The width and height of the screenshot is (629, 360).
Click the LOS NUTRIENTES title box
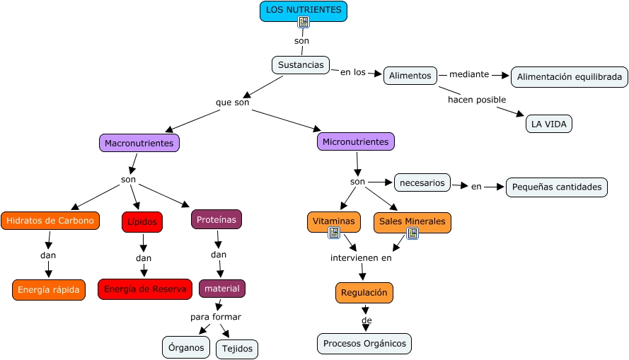point(304,11)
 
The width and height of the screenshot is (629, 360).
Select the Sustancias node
point(301,65)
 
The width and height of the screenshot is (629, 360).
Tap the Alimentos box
point(410,76)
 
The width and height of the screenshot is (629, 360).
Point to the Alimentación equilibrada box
point(569,76)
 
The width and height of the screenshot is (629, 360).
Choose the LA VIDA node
point(548,124)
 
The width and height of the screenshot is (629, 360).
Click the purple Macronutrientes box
point(139,143)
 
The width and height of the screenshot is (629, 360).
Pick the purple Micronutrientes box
point(355,141)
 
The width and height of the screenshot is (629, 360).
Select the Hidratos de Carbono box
point(50,221)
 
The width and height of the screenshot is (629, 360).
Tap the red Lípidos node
point(142,221)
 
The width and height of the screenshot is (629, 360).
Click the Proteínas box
point(216,219)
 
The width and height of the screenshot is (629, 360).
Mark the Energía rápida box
point(48,289)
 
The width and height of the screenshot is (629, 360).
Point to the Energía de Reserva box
point(144,289)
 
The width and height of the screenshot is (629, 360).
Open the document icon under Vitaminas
point(335,233)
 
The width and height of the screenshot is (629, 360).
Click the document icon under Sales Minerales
point(412,233)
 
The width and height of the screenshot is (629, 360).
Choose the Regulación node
point(364,292)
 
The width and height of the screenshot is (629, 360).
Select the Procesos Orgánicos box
point(364,344)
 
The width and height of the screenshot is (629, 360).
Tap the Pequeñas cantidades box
point(556,187)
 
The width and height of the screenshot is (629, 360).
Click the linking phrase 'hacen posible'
point(476,100)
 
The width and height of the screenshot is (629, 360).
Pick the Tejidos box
point(236,349)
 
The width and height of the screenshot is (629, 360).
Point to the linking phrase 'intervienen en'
point(360,257)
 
